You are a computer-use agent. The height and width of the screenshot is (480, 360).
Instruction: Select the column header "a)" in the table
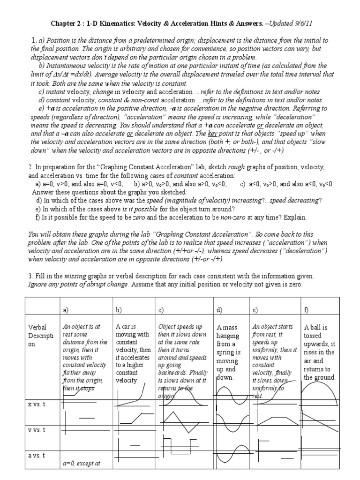pos(66,310)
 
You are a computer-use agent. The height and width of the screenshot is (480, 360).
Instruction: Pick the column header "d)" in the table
pos(219,310)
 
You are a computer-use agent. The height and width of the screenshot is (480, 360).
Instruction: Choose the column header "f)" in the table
pos(307,310)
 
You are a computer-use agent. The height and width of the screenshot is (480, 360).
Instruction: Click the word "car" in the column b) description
pos(125,326)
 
